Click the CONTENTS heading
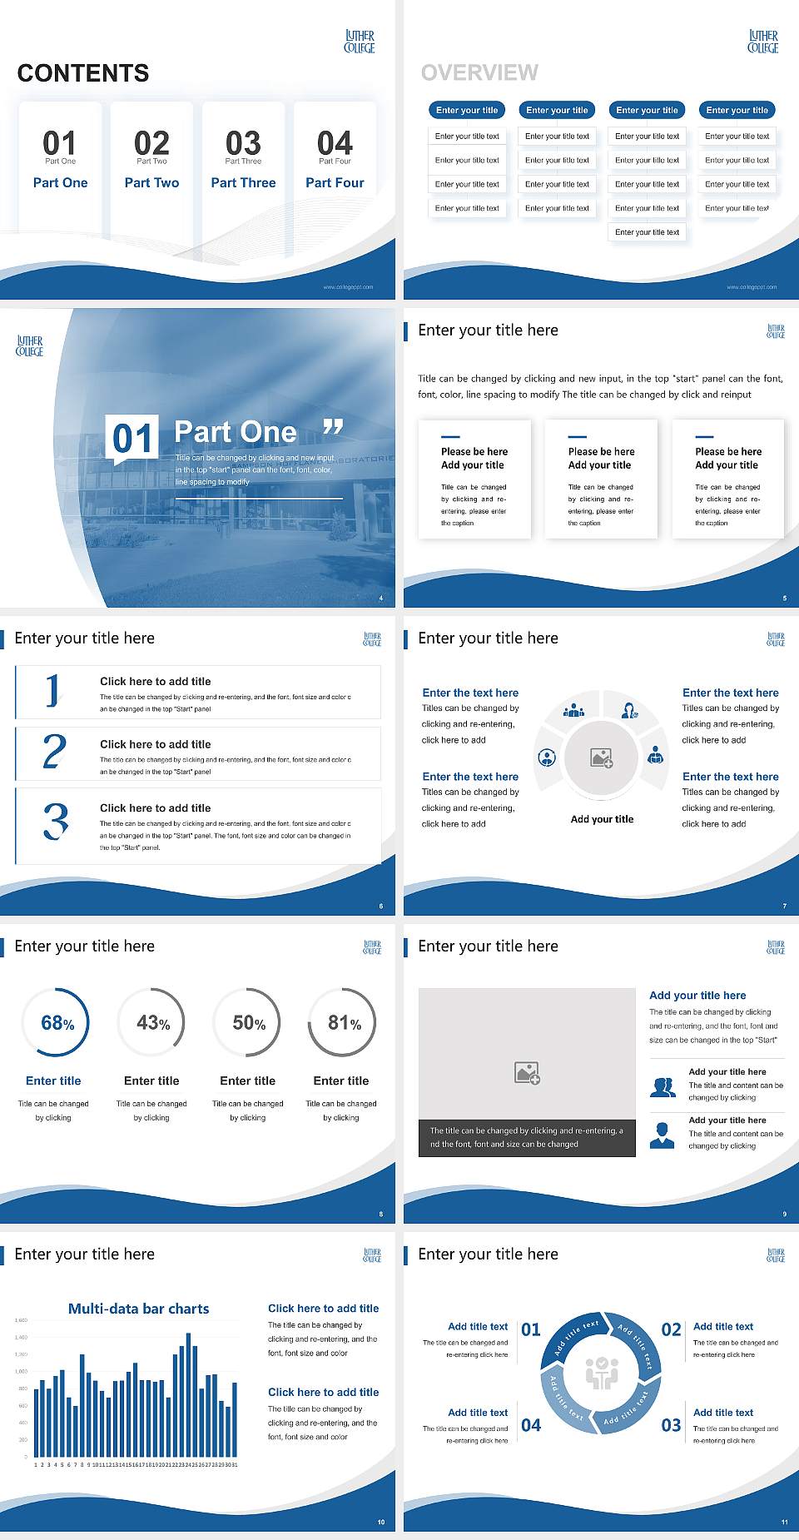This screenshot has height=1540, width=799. pos(83,73)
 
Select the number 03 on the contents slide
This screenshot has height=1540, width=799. pos(243,143)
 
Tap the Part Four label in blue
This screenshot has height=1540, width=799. pos(335,183)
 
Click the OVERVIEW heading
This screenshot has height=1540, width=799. pos(479,73)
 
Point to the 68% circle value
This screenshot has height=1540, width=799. pos(57,1023)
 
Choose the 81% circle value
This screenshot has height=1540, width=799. pos(344,1023)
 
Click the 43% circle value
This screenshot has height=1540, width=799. pos(153,1023)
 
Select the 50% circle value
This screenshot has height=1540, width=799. pos(249,1023)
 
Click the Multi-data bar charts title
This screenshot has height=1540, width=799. pos(139,1309)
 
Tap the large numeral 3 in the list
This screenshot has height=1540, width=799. pos(56,822)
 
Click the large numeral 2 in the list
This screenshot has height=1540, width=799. pos(54,752)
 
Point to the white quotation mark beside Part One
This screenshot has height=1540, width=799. pos(333,427)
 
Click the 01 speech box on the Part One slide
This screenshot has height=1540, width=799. pos(133,438)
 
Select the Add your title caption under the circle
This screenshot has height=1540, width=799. pos(602,819)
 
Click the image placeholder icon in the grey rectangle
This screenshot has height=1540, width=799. pos(528,1073)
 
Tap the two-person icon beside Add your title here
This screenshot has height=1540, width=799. pos(663,1087)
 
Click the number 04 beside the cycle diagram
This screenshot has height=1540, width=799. pos(531,1425)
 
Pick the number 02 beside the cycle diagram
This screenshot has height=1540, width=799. pos(671,1329)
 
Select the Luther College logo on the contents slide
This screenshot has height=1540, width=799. pos(360,42)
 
